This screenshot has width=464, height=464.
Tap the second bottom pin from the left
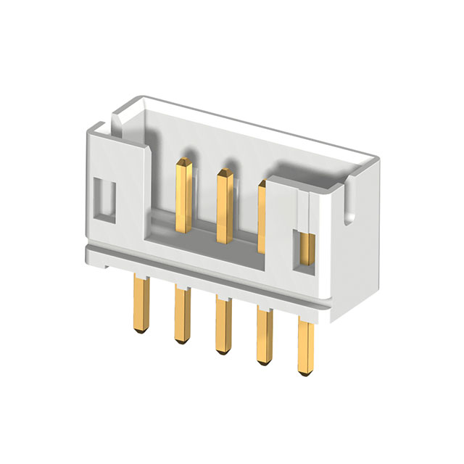(181, 312)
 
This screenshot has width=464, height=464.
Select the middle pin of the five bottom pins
(222, 326)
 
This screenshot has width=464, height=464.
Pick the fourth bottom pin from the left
(264, 338)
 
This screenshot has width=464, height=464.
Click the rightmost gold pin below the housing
(307, 348)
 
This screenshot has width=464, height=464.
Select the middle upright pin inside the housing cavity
(224, 203)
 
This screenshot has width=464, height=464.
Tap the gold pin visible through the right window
(307, 248)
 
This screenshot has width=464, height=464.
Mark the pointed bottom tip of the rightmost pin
(307, 372)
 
